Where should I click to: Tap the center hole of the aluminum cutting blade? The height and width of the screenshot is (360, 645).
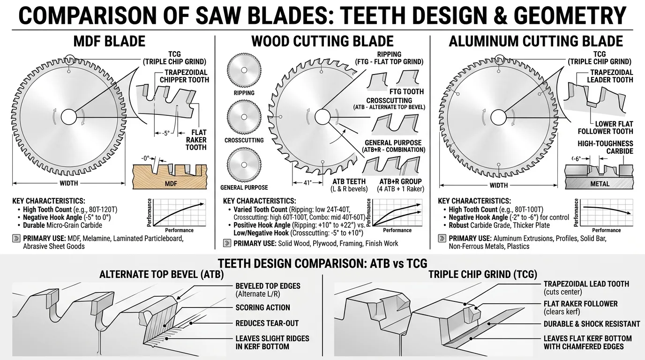(498, 118)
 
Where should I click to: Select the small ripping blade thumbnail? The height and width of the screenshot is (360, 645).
(244, 70)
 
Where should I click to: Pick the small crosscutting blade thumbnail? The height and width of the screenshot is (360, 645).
(244, 117)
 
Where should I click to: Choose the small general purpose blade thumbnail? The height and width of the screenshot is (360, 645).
(244, 165)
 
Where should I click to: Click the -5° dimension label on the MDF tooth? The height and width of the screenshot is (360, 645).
(166, 133)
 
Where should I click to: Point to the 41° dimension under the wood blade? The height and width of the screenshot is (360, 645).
(307, 183)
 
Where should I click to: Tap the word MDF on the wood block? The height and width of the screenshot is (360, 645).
(171, 184)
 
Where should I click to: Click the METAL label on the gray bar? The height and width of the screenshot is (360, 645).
(600, 184)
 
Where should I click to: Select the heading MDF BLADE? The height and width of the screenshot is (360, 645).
(109, 41)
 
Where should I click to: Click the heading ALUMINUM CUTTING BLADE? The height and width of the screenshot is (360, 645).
(536, 41)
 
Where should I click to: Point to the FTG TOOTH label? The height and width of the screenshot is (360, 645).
(406, 91)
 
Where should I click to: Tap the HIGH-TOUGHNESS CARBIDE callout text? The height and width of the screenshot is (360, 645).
(605, 147)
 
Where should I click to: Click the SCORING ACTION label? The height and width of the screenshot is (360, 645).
(262, 307)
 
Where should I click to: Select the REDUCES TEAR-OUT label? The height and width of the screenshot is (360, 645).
(267, 323)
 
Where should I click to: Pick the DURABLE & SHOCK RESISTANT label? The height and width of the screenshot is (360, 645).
(592, 324)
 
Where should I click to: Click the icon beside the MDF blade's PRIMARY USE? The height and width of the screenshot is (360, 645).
(16, 239)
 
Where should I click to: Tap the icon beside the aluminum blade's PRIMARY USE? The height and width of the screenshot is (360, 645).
(442, 239)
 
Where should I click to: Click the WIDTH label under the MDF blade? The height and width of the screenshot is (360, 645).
(68, 183)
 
